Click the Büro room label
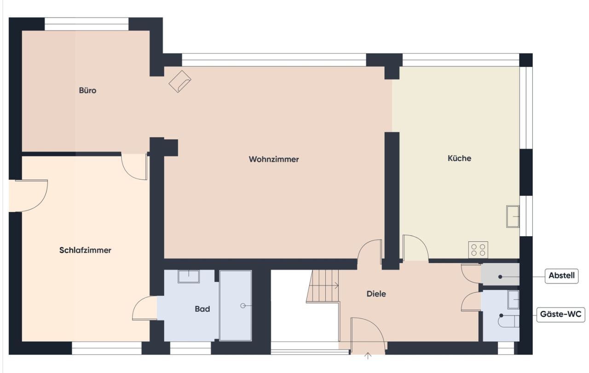(87, 90)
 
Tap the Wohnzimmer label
(274, 159)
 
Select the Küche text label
(459, 158)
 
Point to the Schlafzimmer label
(85, 250)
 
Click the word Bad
(202, 309)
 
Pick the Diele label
(376, 293)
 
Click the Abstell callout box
(561, 276)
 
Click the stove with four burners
(478, 250)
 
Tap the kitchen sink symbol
(513, 216)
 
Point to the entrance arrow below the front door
(368, 356)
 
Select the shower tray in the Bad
(236, 305)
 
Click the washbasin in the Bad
(189, 276)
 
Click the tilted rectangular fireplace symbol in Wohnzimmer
(180, 82)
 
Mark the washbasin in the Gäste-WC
(513, 299)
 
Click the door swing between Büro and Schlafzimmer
(135, 166)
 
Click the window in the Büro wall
(87, 24)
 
